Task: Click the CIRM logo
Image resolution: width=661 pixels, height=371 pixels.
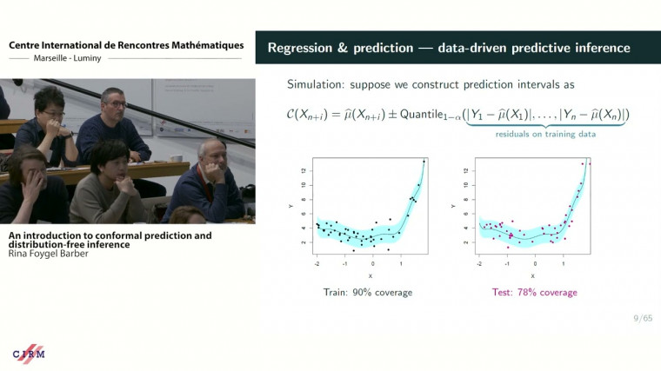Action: pos(29,354)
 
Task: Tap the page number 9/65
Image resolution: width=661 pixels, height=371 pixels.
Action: pos(642,320)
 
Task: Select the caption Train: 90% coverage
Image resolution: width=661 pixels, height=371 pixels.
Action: pos(367,292)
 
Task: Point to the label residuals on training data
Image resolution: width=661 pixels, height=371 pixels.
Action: pos(544,134)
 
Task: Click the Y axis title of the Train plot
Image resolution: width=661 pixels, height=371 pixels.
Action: pos(290,207)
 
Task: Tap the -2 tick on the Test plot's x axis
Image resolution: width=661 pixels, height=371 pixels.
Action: pos(480,263)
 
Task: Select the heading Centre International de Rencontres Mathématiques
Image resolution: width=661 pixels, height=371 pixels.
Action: pos(125,44)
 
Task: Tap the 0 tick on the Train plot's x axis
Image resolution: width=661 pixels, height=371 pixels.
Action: pos(372,263)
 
